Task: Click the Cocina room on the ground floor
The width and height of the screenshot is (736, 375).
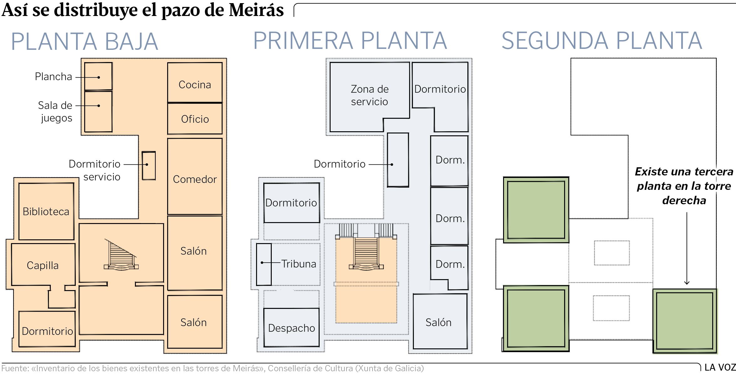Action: pos(195,82)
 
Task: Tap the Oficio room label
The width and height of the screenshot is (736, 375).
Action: pos(195,119)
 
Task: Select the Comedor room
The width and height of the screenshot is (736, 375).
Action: pos(195,176)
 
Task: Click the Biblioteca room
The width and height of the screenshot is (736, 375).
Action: pos(46,211)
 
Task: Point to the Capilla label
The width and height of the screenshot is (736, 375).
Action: pos(43,265)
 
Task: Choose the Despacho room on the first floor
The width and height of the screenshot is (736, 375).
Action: pos(291,328)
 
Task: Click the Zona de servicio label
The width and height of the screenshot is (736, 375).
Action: pos(369,95)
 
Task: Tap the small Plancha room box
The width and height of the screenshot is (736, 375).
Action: pos(98,76)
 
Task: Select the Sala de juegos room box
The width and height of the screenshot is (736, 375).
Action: pos(98,112)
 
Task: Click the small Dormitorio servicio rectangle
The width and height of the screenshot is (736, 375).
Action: pos(149,166)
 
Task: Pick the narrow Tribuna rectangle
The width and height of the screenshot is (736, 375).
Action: pos(264,264)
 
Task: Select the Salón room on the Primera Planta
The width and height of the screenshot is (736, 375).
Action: pos(440,321)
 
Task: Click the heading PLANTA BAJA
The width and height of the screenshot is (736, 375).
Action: pos(85,41)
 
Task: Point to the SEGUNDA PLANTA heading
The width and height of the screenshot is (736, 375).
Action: pos(602,41)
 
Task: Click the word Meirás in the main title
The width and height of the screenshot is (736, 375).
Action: pos(256,10)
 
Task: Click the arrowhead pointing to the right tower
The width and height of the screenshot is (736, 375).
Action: pos(687,283)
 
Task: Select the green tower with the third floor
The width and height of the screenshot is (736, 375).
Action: pos(685,321)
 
